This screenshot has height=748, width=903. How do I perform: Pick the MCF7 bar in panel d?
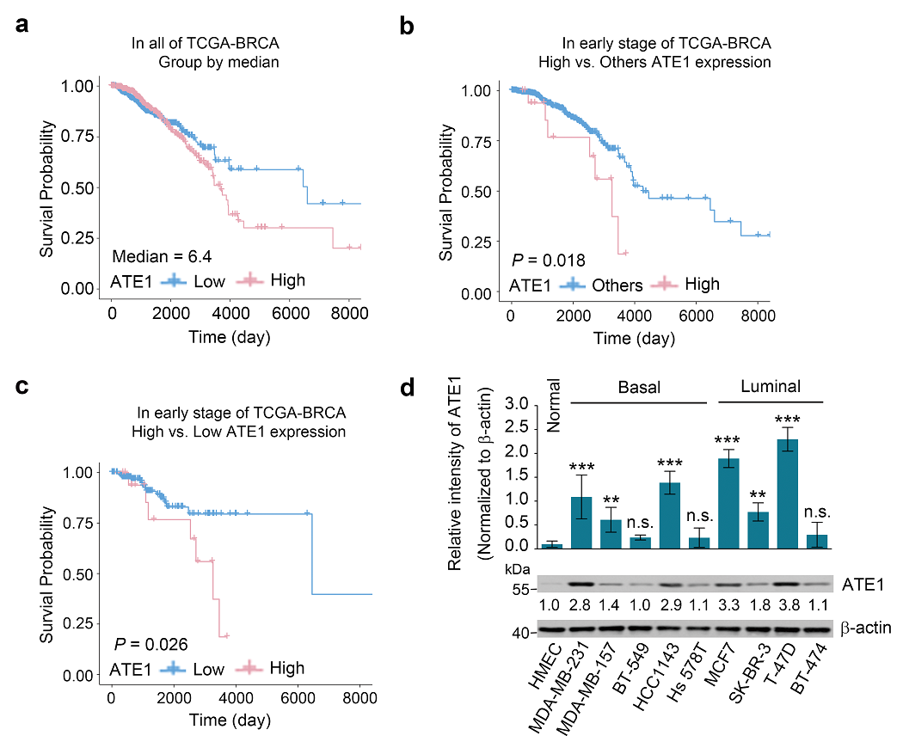tap(728, 503)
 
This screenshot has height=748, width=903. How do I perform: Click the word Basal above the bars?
tap(638, 387)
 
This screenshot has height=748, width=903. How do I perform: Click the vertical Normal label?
tap(554, 406)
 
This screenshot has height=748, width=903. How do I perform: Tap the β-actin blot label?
tap(865, 628)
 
